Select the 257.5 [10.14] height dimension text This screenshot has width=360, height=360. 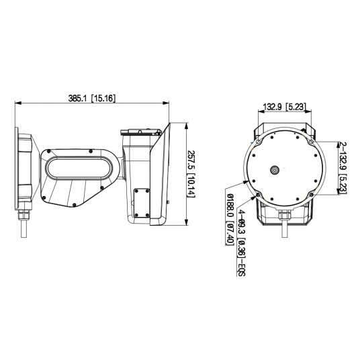190,173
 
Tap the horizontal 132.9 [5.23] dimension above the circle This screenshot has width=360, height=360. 284,106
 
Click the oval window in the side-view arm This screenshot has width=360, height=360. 77,167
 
